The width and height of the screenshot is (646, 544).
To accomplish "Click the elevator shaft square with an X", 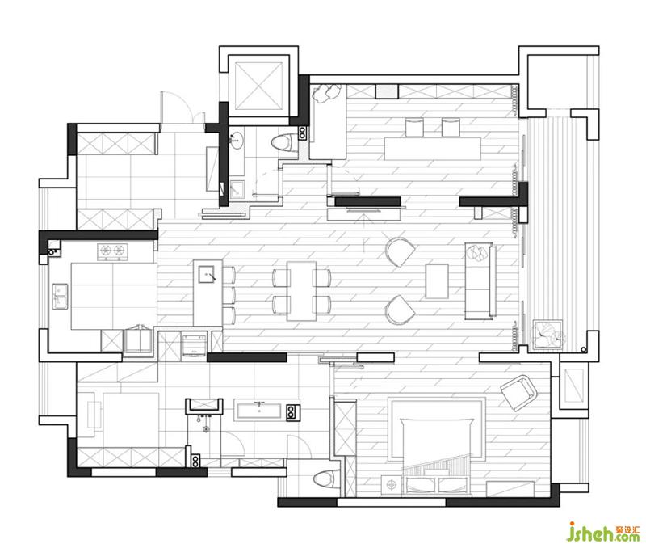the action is [x=259, y=86].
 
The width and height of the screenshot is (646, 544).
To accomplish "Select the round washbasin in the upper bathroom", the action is [x=237, y=141].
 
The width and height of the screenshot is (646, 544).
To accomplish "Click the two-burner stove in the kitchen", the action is [x=112, y=250].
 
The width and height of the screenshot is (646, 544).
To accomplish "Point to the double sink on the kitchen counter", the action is [x=60, y=297].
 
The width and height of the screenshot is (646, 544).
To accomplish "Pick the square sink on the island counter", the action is [x=207, y=274].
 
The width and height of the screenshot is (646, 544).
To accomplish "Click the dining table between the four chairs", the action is [x=301, y=291].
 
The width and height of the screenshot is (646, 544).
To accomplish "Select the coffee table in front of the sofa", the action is [x=437, y=280].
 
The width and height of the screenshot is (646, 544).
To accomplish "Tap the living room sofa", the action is [x=480, y=281].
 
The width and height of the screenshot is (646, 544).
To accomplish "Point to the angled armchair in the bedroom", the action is [x=518, y=393].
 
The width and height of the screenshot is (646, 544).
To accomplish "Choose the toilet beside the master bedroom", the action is [x=326, y=480].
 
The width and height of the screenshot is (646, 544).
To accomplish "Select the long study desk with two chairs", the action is [x=432, y=149].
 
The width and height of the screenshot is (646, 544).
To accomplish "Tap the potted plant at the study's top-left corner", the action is [x=325, y=93].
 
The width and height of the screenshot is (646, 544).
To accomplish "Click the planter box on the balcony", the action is [x=548, y=334].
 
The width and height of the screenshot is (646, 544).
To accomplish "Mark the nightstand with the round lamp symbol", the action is [x=391, y=484].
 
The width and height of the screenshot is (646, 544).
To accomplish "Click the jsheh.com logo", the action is [x=604, y=532].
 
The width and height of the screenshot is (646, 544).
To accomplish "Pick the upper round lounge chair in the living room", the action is [x=400, y=252].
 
